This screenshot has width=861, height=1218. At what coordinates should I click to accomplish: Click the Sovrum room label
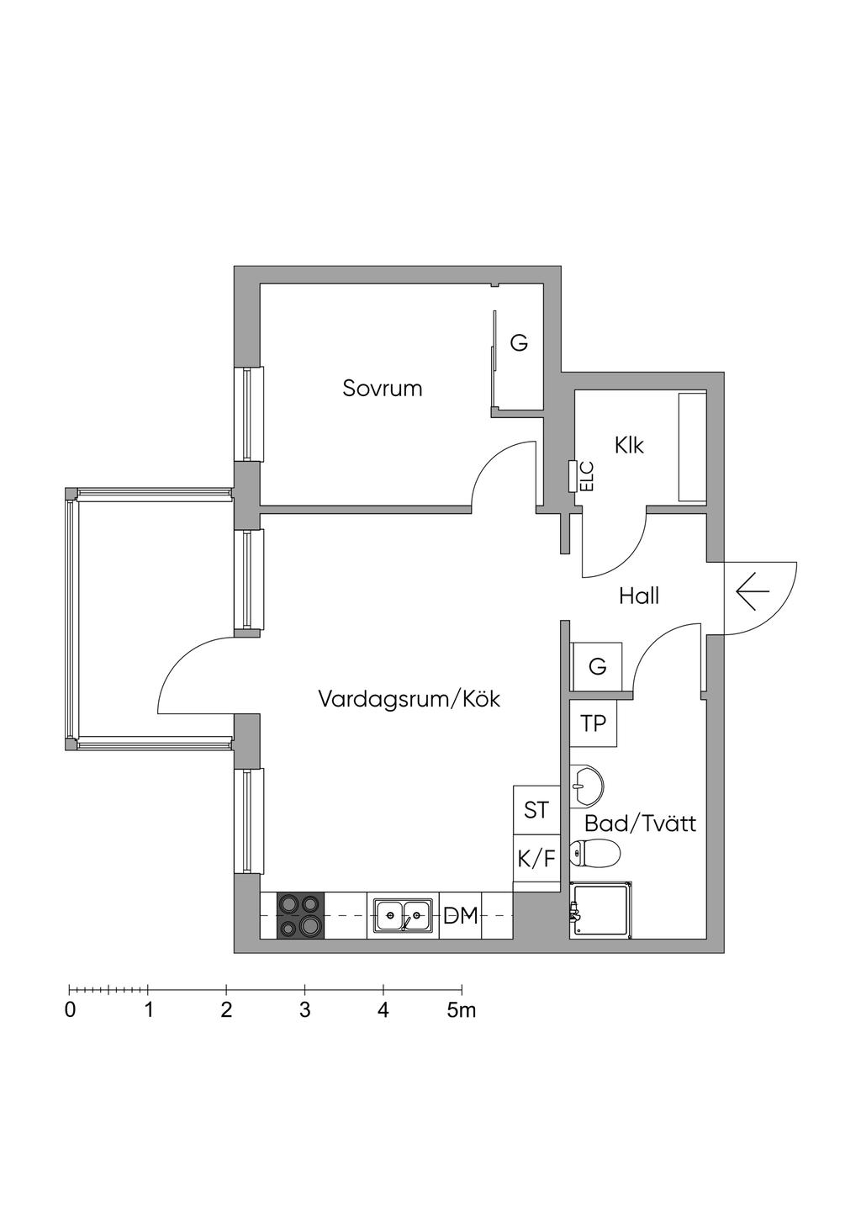pos(382,389)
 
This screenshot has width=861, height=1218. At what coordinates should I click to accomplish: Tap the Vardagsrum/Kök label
pos(409,699)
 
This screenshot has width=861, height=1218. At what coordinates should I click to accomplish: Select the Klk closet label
pos(629,445)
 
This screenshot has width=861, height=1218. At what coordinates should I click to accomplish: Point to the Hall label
pos(639,596)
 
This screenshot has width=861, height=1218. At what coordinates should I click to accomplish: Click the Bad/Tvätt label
pos(640,823)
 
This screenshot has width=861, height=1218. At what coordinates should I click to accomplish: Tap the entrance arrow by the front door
pos(753,593)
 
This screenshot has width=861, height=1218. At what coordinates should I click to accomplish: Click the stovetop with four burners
pos(300,915)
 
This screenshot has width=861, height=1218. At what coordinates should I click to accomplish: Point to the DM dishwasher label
pos(461,916)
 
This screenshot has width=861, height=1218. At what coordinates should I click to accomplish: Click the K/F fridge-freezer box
pos(536,859)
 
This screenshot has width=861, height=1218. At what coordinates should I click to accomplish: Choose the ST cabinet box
pos(536,810)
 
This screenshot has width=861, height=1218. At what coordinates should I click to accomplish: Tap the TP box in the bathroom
pos(594,723)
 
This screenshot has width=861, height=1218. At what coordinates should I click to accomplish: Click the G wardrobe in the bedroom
pos(520,343)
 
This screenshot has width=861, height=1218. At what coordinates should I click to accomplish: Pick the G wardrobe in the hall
pos(597,667)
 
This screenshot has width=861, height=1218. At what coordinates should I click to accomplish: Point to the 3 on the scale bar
pos(304,1010)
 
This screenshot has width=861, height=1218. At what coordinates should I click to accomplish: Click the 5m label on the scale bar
pos(461,1010)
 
